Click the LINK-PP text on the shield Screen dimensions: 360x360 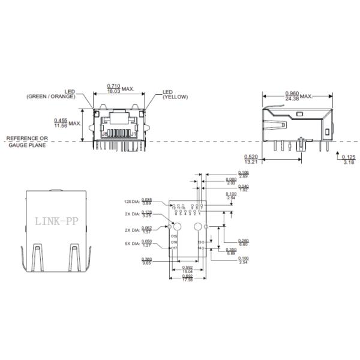[x=55, y=221]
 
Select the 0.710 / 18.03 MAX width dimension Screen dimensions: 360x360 [x=118, y=88]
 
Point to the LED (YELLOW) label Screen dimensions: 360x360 [x=175, y=95]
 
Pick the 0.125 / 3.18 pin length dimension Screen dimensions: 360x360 [x=348, y=159]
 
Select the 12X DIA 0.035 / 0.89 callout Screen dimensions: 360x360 [x=146, y=202]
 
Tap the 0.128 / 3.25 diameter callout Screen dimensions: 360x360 [x=146, y=214]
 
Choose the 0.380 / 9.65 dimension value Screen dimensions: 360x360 [x=146, y=261]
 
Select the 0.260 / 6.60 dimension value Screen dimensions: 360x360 [x=243, y=242]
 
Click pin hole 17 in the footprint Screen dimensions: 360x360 [x=173, y=248]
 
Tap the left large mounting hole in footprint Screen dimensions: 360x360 [x=178, y=227]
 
